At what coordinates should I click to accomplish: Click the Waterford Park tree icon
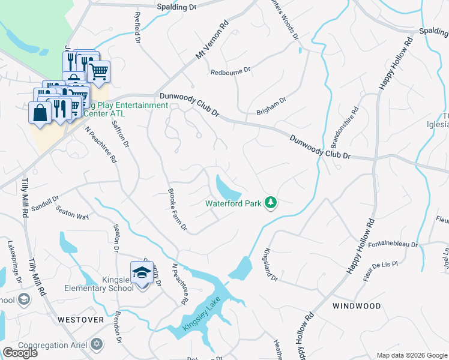271,203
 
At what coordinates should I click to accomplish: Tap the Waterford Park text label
234,203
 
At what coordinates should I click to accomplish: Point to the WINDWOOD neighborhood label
357,306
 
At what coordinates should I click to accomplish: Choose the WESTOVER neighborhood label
81,320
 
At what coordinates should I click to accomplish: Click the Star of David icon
96,344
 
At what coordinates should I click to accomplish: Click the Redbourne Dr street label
230,72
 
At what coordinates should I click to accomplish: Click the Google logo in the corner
20,353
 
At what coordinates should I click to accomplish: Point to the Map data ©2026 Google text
411,355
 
